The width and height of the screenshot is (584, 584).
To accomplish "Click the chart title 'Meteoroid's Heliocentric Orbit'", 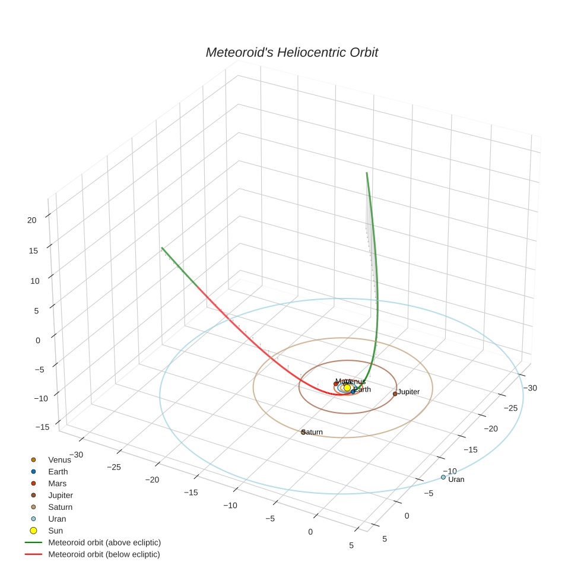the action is tap(291, 52).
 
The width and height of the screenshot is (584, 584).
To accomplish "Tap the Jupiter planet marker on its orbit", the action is tap(395, 393).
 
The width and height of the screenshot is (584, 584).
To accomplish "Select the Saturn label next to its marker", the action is tap(313, 432).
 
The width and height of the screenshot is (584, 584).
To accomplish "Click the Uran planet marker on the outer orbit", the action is tap(443, 477).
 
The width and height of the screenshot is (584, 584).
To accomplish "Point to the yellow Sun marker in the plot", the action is tap(347, 388).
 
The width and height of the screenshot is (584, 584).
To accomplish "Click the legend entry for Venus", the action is tap(59, 459).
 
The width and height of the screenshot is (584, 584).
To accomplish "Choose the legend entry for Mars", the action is tap(57, 483).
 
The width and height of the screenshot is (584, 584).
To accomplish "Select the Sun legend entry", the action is tap(55, 531).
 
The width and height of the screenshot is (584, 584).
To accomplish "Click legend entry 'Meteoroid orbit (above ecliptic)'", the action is tap(104, 542).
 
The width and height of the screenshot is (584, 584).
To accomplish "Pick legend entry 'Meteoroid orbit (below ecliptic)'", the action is tap(104, 554).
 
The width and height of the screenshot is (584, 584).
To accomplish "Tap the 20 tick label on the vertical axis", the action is tap(32, 220).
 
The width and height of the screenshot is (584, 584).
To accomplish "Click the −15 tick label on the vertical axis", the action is tap(43, 427).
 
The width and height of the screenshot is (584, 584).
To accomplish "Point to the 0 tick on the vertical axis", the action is tap(38, 340).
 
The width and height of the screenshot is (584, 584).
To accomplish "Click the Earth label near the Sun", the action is tap(362, 389).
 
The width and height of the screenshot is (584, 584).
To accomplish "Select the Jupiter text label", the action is tap(408, 392).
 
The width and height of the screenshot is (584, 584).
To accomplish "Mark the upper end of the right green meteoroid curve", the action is tap(367, 173).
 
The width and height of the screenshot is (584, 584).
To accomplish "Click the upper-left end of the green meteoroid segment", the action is tap(161, 248).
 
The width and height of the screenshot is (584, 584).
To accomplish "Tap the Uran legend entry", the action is tap(57, 519).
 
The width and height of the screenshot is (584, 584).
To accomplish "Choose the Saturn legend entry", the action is tap(60, 507).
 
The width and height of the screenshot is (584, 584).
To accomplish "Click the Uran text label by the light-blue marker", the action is tap(456, 479).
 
